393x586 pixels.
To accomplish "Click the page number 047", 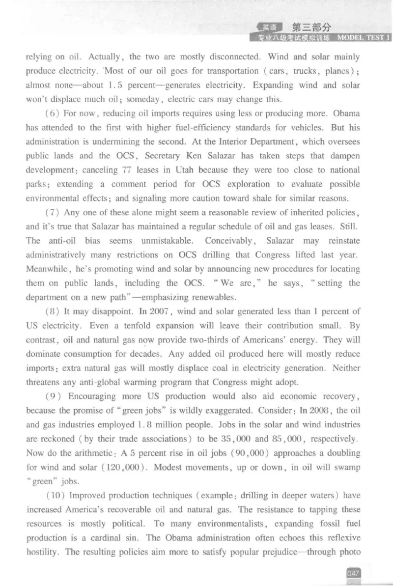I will click(353, 573).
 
